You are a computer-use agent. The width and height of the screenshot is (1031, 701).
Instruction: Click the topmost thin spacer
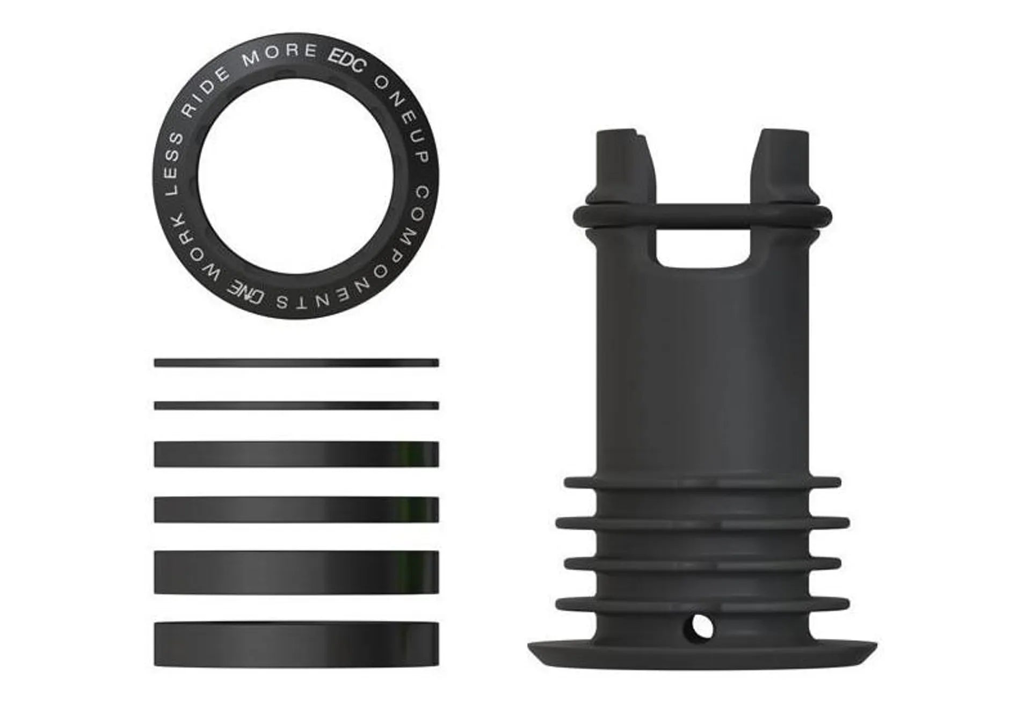point(296,363)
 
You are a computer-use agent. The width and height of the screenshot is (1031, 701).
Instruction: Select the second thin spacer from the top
point(296,406)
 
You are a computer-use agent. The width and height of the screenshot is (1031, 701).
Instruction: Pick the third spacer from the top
point(296,454)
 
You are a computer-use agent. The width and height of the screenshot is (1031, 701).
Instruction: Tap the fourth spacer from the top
point(296,509)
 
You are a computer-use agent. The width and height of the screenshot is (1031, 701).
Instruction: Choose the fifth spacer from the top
point(296,572)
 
